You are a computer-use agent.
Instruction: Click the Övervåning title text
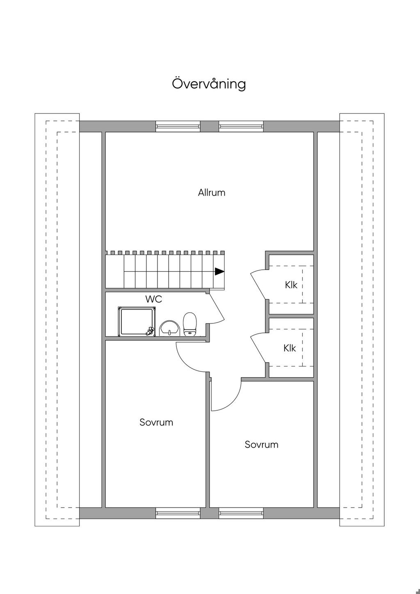coord(209,84)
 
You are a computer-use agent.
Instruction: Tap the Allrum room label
coord(212,193)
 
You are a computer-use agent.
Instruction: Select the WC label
coord(154,299)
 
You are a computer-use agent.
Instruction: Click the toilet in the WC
coord(189,323)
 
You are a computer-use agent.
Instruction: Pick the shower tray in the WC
coord(137,322)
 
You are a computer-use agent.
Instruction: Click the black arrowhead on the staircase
coord(219,271)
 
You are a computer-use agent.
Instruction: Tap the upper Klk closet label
coord(291,285)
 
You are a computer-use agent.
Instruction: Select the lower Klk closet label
coord(290,348)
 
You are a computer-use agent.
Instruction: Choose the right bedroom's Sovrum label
coord(261,444)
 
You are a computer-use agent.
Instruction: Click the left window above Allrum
coord(178,126)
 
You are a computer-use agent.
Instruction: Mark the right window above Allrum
coord(241,126)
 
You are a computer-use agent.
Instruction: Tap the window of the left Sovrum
coord(178,513)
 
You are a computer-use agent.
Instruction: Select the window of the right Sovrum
coord(241,513)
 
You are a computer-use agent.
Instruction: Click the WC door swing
coord(217,307)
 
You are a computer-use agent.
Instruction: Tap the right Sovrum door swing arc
coord(233,401)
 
